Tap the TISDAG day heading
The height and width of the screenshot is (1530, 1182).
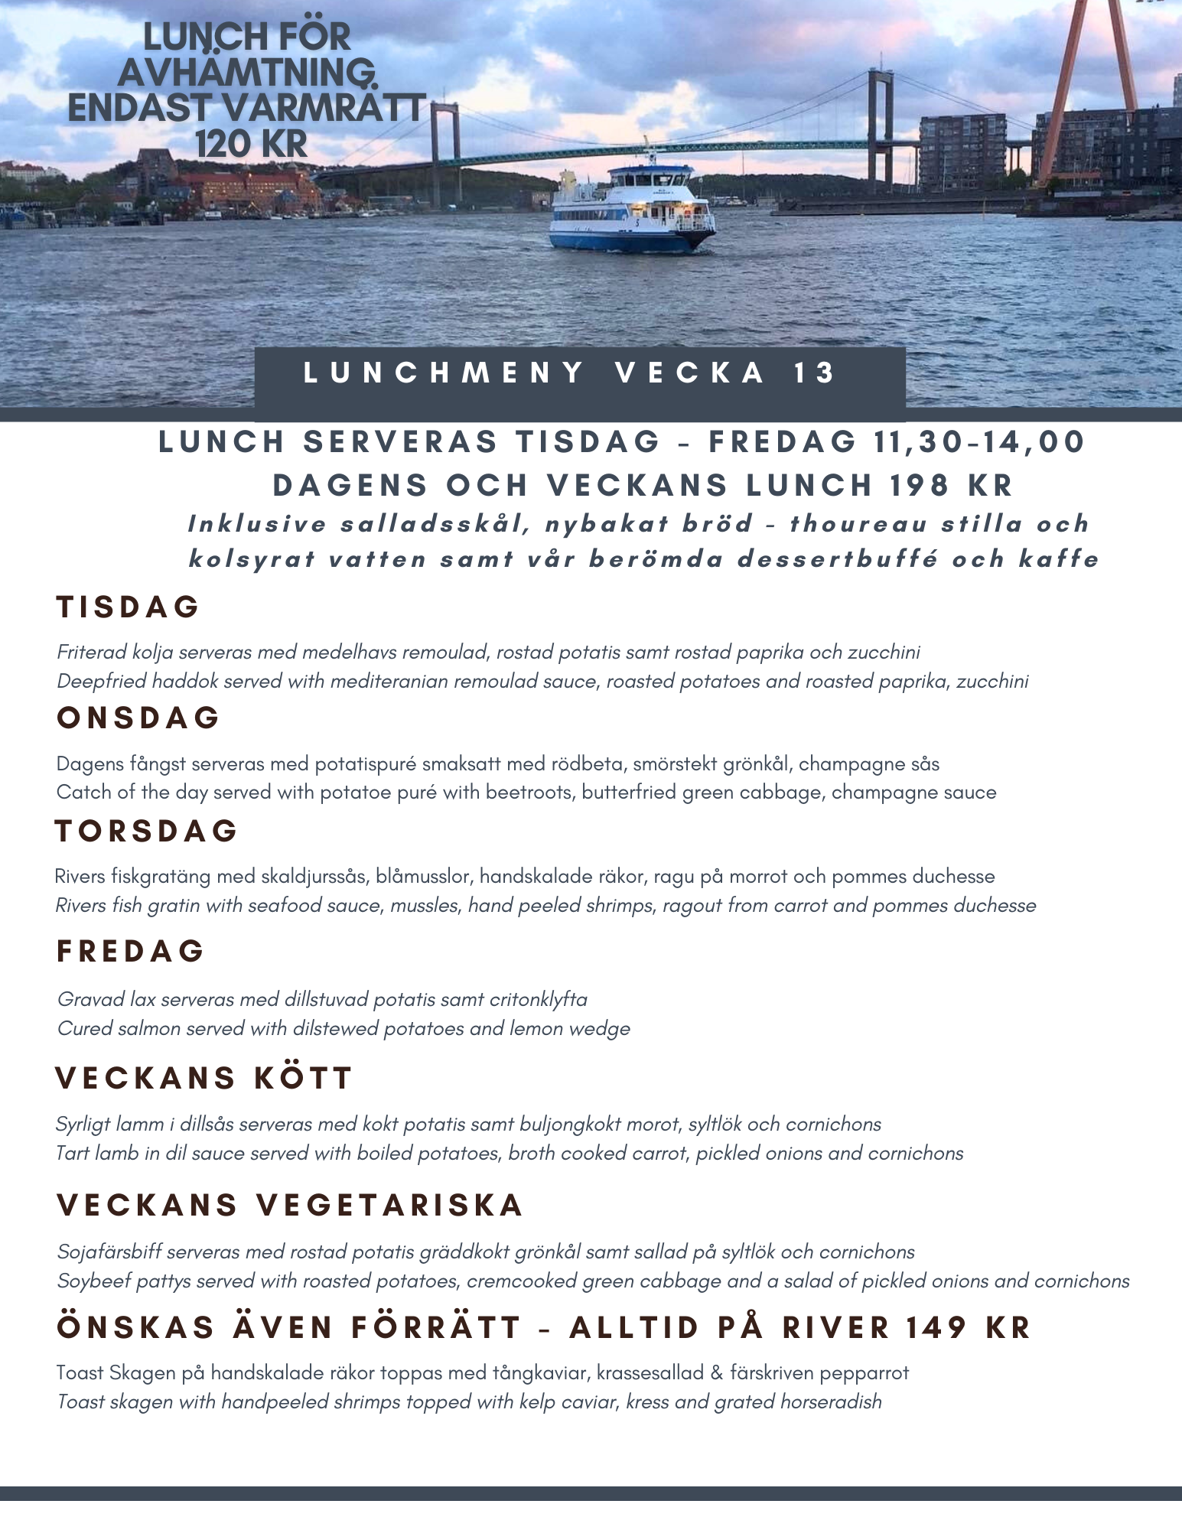pos(128,607)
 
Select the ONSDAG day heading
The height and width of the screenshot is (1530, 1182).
pos(138,718)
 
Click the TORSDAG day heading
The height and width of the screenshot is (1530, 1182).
pos(147,832)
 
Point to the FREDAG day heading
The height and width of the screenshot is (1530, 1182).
pos(131,952)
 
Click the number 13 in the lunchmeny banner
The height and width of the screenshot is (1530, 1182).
pos(815,373)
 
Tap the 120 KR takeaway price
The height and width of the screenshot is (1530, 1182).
pos(251,144)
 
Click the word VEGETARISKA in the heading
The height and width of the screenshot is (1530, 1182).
pos(389,1206)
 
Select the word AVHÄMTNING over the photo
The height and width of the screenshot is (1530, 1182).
pos(246,73)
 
